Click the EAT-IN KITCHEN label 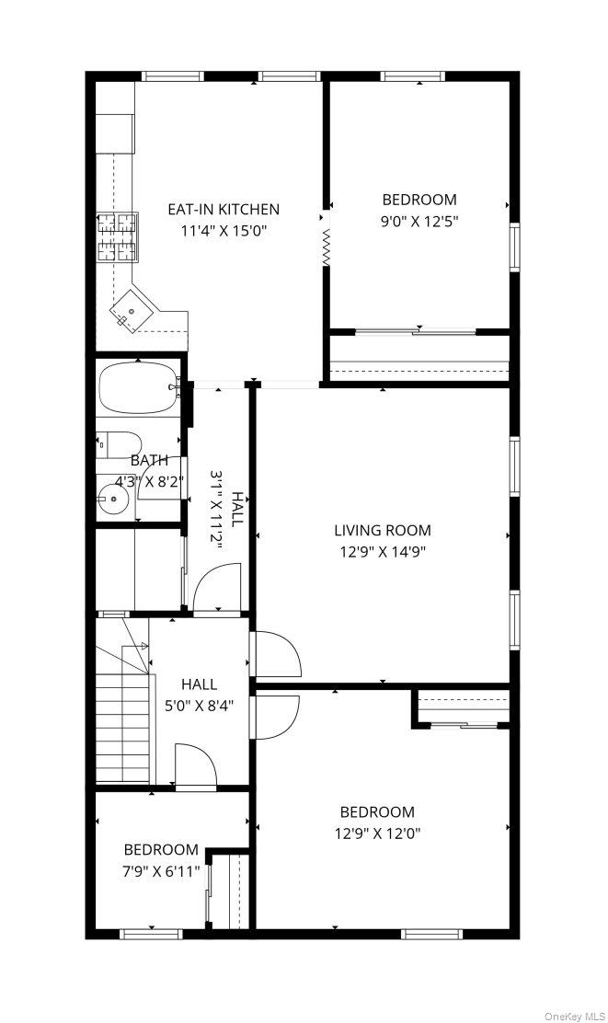[223, 209]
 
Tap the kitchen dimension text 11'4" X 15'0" [223, 231]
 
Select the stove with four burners [117, 225]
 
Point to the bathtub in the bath [136, 388]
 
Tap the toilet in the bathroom [118, 444]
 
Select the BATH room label [148, 460]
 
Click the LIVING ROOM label [382, 530]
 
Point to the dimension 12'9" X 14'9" [382, 552]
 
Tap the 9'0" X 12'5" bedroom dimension [419, 221]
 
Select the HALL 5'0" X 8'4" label [199, 695]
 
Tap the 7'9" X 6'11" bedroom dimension [161, 871]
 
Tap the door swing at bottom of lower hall [195, 765]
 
